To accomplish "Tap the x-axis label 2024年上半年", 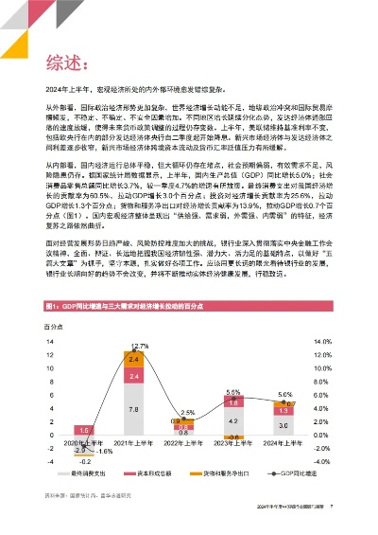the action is (256, 441).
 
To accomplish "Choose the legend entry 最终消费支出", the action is (87, 472).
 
